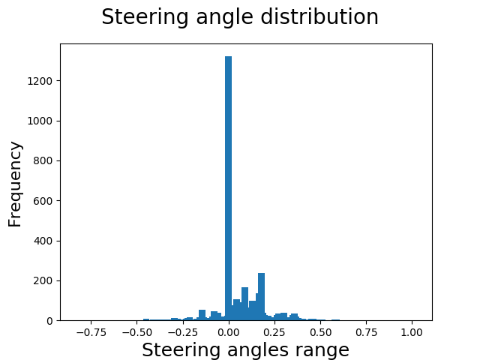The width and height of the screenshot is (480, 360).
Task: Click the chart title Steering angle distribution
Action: (x=240, y=17)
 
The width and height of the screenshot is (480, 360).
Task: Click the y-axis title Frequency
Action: (x=15, y=184)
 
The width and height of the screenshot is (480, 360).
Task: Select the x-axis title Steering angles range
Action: (x=245, y=349)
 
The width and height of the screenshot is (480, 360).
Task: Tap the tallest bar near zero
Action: (x=228, y=187)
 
